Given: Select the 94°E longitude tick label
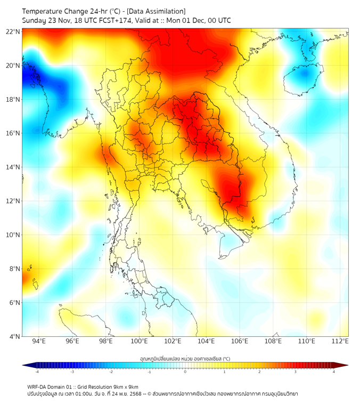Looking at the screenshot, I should (x=39, y=341).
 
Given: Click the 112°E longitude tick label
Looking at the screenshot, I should (x=340, y=341).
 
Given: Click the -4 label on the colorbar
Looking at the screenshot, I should (x=36, y=372).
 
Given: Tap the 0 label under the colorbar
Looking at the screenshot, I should (x=185, y=372).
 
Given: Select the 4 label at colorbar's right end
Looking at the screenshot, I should (x=334, y=372).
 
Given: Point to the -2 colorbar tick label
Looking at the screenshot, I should (x=111, y=372).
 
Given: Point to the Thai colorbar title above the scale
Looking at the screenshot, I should (x=185, y=358).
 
